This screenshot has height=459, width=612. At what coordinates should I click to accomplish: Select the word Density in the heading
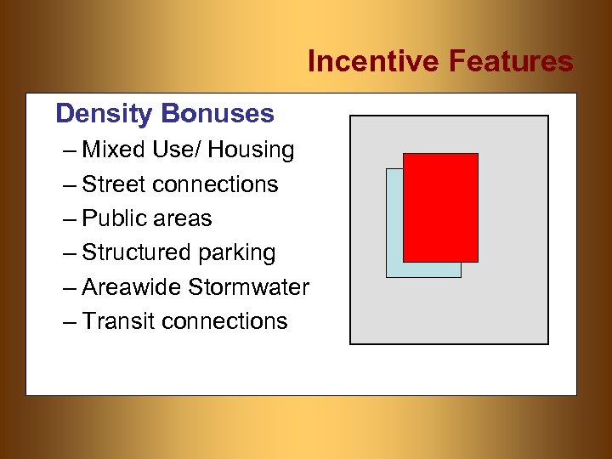click(104, 114)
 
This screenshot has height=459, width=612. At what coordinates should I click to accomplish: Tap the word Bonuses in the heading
click(217, 114)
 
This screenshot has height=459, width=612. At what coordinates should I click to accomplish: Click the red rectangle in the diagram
click(440, 207)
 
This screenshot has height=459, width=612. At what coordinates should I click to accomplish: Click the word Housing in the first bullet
click(252, 150)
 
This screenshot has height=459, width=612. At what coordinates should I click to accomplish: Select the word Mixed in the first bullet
click(115, 150)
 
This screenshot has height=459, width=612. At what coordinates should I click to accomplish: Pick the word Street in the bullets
click(114, 184)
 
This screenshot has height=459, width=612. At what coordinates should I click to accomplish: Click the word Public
click(114, 218)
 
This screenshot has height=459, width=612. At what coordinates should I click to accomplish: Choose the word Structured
click(136, 253)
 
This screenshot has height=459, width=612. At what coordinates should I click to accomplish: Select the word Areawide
click(132, 287)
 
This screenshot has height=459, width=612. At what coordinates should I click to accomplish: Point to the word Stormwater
click(249, 287)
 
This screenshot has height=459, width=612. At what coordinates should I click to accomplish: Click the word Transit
click(118, 321)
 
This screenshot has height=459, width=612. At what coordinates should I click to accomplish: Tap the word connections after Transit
click(224, 321)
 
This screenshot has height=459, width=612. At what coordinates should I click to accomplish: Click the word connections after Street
click(215, 184)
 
